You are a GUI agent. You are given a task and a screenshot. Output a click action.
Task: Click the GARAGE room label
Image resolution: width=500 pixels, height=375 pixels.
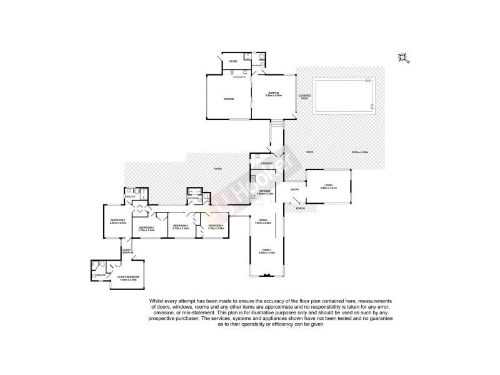point(229,98)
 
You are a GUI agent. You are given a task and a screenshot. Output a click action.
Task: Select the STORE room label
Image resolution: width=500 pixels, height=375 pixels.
point(232,61)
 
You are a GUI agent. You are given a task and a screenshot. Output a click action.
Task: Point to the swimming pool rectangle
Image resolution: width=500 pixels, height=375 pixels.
point(344,96)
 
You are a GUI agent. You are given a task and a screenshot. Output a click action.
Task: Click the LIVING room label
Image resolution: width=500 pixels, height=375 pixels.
point(328,186)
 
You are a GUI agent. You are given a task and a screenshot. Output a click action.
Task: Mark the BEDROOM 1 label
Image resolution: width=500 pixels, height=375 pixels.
point(119,221)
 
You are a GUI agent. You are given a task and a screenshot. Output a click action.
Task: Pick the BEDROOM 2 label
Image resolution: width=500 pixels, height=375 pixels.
point(146,227)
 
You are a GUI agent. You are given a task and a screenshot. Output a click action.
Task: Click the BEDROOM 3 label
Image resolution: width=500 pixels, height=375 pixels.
point(181,226)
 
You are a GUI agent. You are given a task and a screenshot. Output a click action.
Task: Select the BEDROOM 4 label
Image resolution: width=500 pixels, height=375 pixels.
point(216,226)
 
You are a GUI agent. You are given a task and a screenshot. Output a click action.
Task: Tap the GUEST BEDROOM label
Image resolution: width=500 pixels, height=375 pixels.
point(128,277)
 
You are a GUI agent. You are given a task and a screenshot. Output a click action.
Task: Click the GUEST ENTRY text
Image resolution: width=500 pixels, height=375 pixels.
point(126,251)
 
